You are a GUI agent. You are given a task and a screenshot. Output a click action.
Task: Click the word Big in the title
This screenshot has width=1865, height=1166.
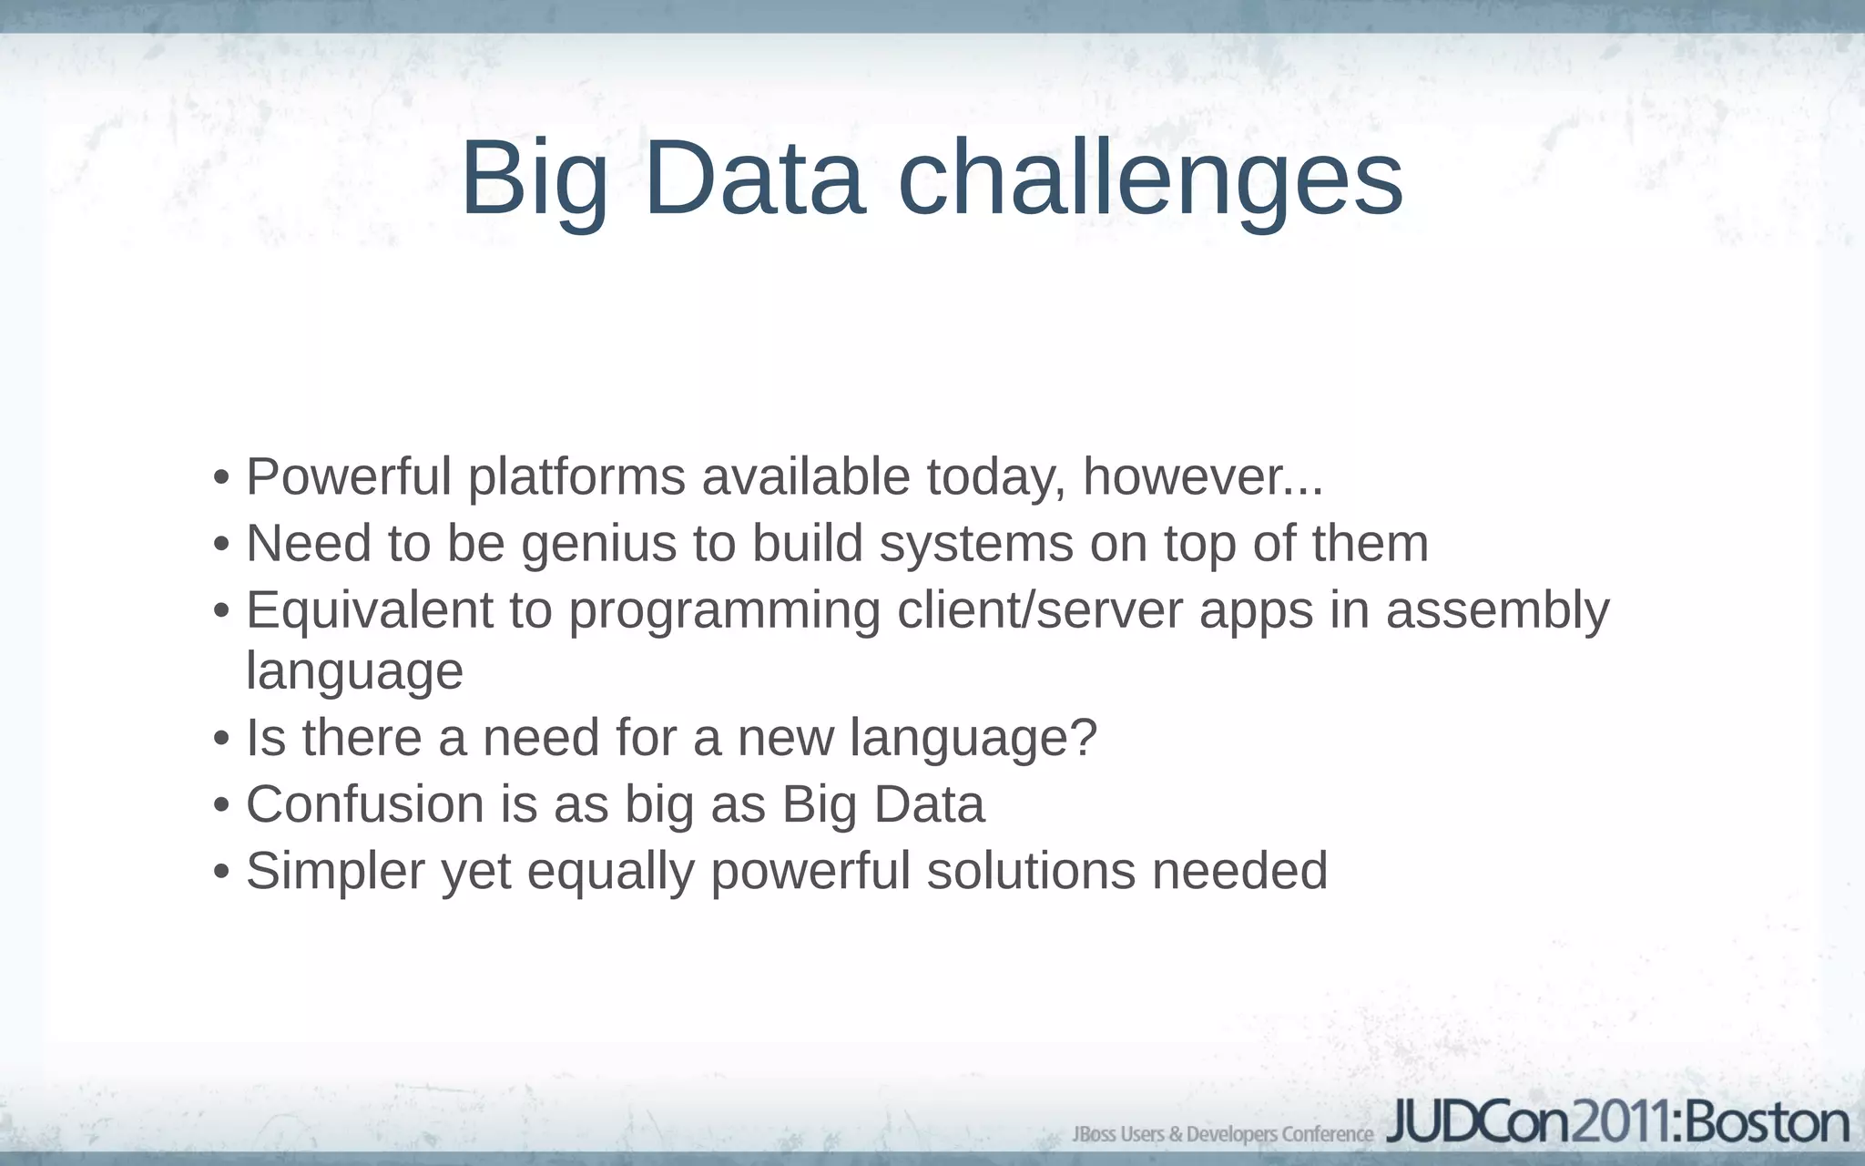pyautogui.click(x=534, y=179)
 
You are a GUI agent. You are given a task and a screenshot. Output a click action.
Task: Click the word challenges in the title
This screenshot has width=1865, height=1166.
pyautogui.click(x=1150, y=179)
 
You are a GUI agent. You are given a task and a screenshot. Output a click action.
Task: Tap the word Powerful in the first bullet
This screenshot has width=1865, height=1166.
pyautogui.click(x=349, y=476)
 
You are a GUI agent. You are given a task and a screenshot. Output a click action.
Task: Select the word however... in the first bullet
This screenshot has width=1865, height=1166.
pyautogui.click(x=1202, y=476)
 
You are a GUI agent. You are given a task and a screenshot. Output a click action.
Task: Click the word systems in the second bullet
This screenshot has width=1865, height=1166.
pyautogui.click(x=975, y=545)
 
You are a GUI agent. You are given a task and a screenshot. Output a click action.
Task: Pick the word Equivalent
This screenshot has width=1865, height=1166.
pyautogui.click(x=369, y=609)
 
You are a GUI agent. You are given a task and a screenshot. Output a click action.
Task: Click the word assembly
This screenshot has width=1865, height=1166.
pyautogui.click(x=1497, y=609)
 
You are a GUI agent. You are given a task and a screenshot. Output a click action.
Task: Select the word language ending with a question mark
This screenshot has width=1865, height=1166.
pyautogui.click(x=973, y=738)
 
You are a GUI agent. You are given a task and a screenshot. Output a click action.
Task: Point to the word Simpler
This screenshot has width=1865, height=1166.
pyautogui.click(x=335, y=871)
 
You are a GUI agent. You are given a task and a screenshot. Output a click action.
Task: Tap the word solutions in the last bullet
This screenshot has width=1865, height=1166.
pyautogui.click(x=1031, y=871)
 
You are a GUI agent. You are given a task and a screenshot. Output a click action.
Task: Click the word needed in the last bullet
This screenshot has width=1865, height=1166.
pyautogui.click(x=1239, y=871)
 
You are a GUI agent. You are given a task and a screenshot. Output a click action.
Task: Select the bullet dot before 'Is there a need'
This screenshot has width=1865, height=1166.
pyautogui.click(x=220, y=740)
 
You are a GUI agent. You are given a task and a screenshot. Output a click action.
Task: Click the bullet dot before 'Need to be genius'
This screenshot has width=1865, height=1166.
pyautogui.click(x=220, y=546)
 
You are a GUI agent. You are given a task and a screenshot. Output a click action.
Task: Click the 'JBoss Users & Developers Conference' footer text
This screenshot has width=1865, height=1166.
pyautogui.click(x=1222, y=1134)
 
